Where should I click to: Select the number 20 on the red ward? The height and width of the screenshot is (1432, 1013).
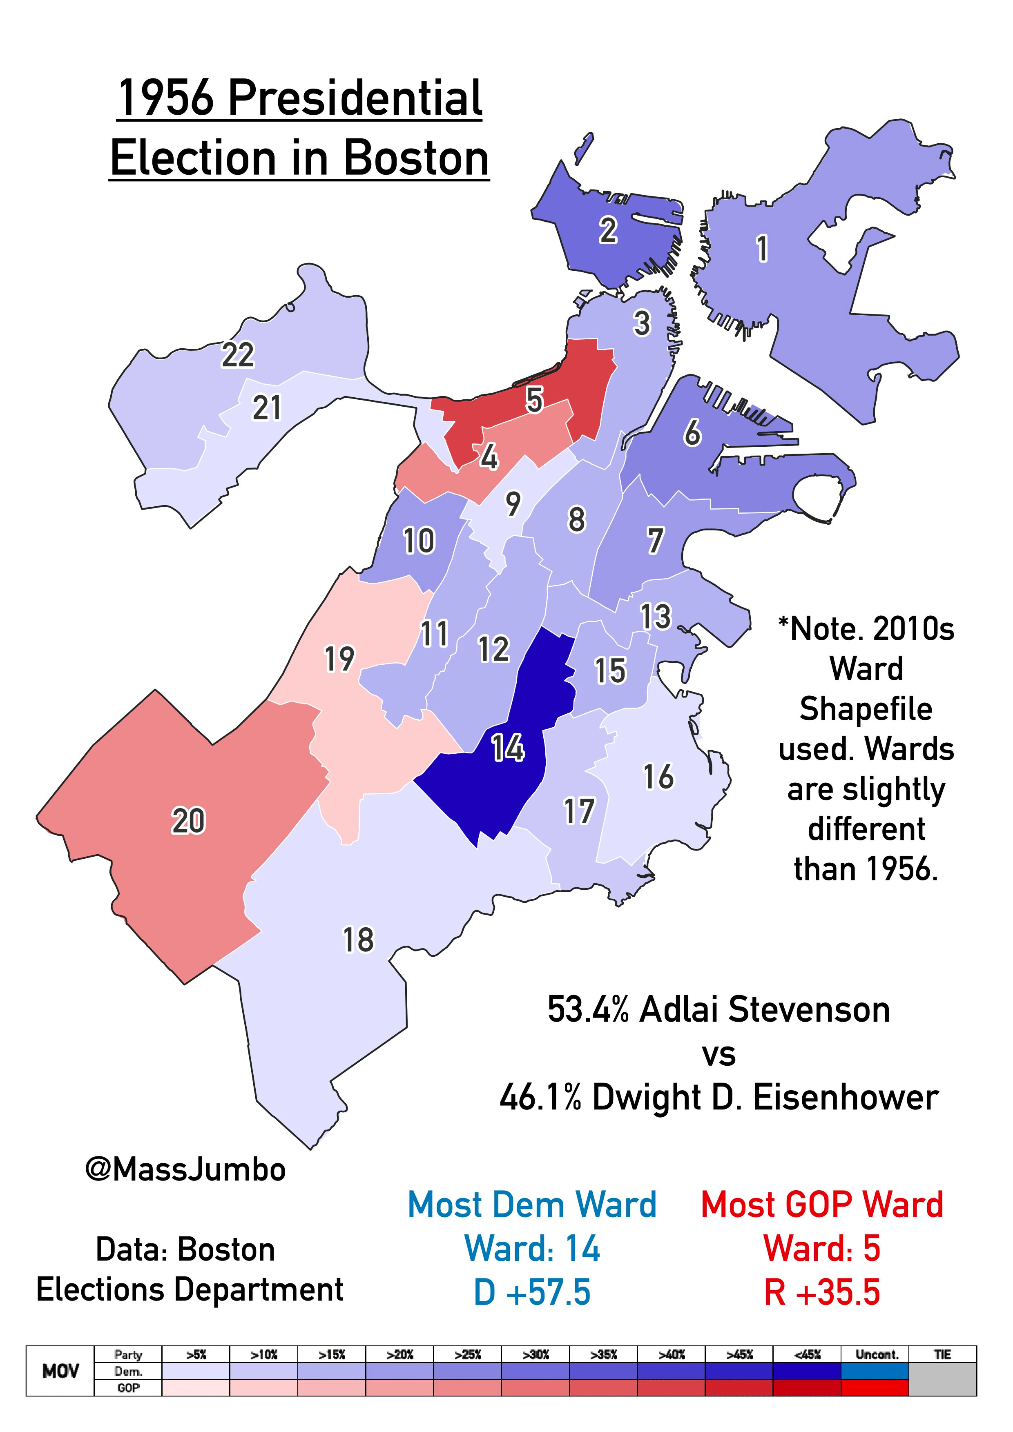pyautogui.click(x=188, y=820)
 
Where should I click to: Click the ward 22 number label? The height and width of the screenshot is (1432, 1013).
pyautogui.click(x=238, y=356)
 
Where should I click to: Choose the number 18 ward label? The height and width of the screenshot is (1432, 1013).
pyautogui.click(x=358, y=940)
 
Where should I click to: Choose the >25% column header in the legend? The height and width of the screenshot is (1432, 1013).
pyautogui.click(x=468, y=1355)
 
